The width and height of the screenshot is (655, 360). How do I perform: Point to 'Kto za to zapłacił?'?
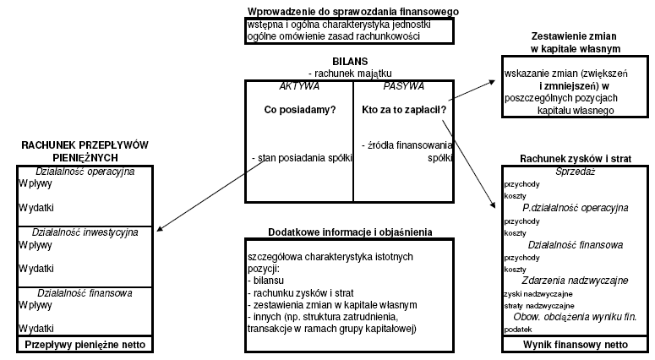404,110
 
